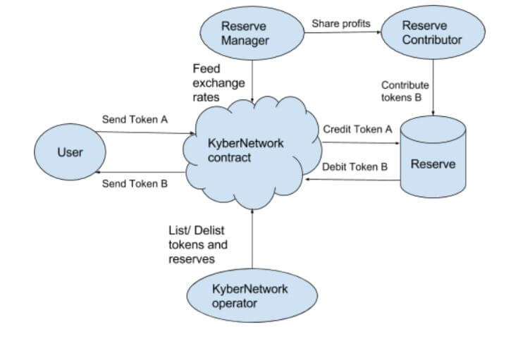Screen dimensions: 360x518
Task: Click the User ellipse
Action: click(x=70, y=152)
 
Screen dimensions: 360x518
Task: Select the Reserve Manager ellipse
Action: click(x=245, y=32)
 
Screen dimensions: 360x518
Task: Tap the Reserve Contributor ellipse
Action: click(x=432, y=32)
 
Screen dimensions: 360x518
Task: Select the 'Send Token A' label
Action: click(x=135, y=120)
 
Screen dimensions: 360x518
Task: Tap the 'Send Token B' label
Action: click(x=135, y=184)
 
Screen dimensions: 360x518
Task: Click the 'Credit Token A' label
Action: click(x=357, y=130)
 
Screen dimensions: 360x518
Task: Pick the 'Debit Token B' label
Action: click(x=355, y=168)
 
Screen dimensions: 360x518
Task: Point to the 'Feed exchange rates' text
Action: click(x=218, y=83)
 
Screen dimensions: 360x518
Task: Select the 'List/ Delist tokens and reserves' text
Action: click(x=198, y=245)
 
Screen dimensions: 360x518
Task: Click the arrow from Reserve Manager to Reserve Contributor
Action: click(x=343, y=33)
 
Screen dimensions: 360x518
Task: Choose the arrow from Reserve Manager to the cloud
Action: click(x=252, y=77)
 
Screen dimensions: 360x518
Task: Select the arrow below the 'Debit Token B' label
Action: click(x=352, y=180)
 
